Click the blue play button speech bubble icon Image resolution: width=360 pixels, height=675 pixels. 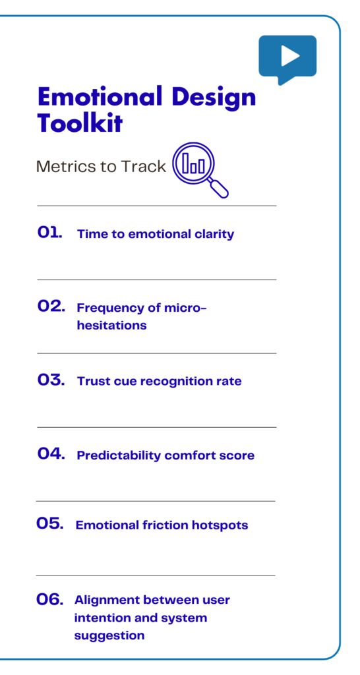287,57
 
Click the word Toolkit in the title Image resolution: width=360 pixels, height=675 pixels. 80,123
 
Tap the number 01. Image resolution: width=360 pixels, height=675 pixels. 49,233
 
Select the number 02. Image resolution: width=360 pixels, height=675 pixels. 51,307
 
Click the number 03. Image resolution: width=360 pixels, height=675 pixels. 51,380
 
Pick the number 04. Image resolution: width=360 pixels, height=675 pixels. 51,454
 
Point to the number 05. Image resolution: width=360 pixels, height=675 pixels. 50,524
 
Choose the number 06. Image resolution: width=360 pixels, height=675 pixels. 49,600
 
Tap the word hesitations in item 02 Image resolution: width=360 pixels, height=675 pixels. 111,326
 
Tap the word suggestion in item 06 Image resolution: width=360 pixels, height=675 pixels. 109,636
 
